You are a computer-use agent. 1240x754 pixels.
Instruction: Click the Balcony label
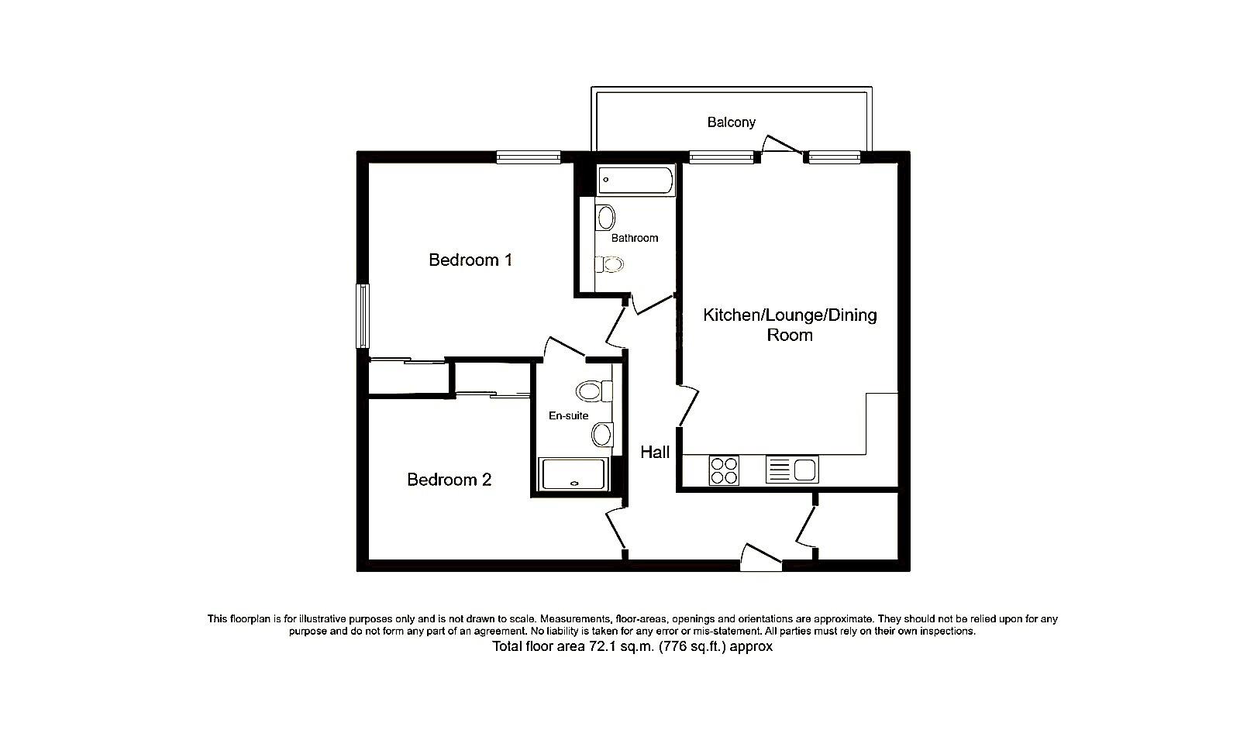tap(731, 122)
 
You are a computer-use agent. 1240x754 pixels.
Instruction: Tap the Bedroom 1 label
tap(470, 260)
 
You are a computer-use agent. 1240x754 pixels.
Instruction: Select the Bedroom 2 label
tap(449, 480)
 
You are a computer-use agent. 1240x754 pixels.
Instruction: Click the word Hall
tap(655, 452)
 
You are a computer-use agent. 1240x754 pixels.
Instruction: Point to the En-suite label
tap(568, 416)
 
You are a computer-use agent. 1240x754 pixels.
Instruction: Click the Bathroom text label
tap(635, 238)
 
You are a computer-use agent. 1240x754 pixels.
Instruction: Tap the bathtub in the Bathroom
tap(635, 181)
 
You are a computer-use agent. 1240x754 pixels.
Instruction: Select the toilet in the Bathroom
tap(611, 265)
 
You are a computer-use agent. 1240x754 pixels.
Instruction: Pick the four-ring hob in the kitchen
tap(724, 470)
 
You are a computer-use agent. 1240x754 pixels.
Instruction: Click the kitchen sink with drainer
tap(791, 470)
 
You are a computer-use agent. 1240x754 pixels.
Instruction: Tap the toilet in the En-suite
tap(592, 391)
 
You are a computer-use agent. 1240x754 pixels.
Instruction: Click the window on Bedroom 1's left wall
tap(363, 315)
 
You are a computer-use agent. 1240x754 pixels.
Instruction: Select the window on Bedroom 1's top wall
tap(529, 157)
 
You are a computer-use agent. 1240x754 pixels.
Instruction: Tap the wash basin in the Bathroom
tap(606, 218)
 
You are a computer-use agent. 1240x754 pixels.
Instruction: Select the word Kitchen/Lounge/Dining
tap(790, 315)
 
